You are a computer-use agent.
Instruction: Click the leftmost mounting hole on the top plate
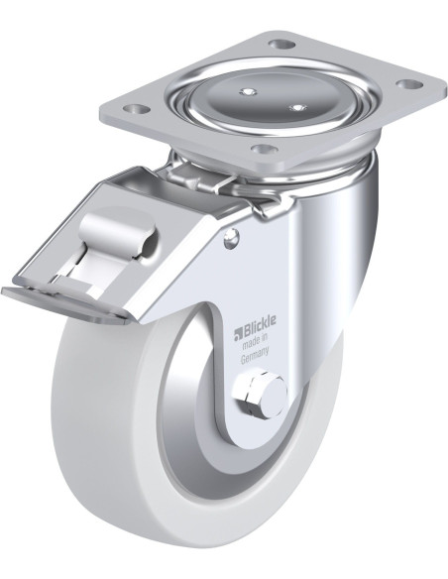(x=138, y=110)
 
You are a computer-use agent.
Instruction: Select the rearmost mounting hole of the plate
(x=281, y=46)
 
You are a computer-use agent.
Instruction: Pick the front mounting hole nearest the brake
(x=264, y=149)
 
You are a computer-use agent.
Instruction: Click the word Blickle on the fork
(x=259, y=323)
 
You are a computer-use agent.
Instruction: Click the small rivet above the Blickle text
(x=231, y=237)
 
